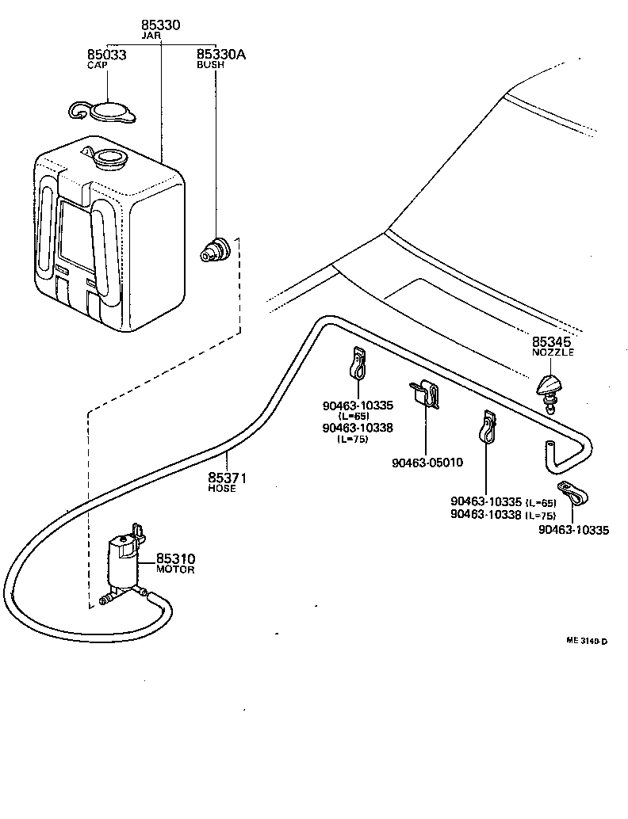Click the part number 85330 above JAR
point(161,25)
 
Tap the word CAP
point(97,64)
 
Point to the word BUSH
point(210,65)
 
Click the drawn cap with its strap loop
point(106,112)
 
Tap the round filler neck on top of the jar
point(109,158)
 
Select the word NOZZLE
point(553,352)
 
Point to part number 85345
point(552,341)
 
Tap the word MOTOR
point(175,569)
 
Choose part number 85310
point(175,558)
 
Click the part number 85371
point(228,478)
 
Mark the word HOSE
point(222,489)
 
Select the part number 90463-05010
point(427,463)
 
